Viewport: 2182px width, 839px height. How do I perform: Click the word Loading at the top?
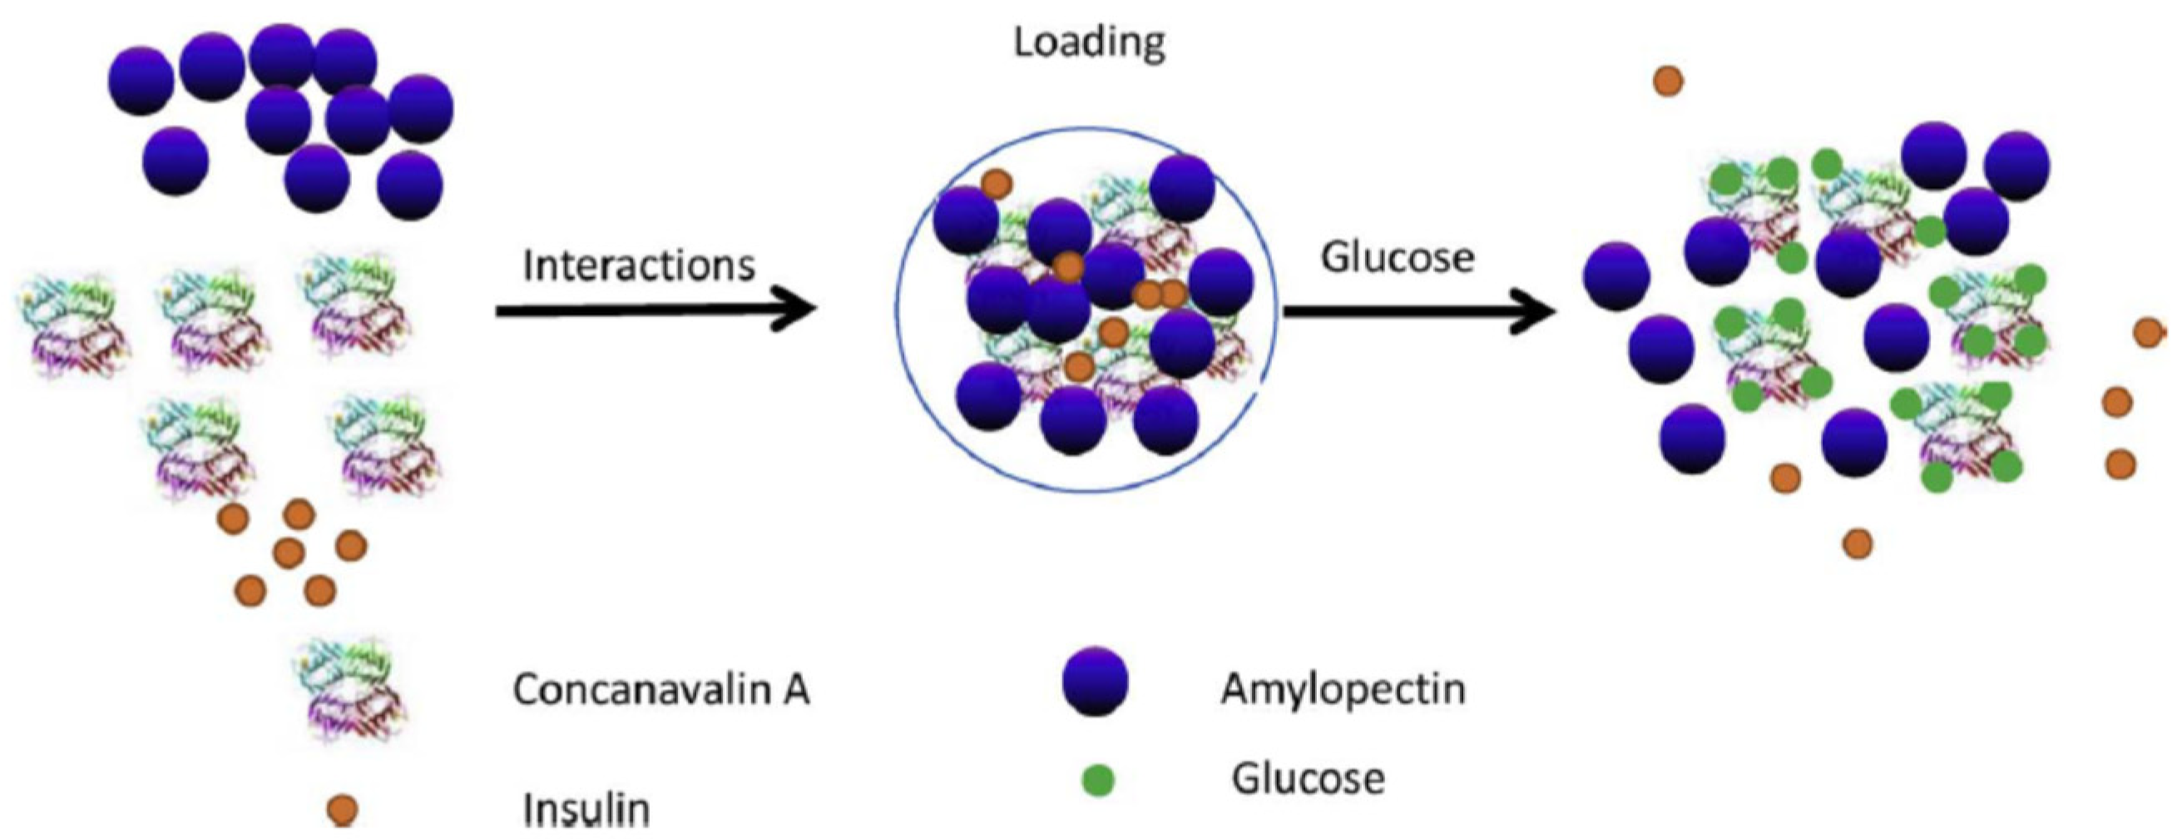[x=1089, y=42]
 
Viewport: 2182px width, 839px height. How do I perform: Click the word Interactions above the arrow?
[x=639, y=266]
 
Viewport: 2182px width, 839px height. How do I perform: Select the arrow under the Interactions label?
[x=656, y=310]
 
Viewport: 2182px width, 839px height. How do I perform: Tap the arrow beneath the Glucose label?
[x=1419, y=311]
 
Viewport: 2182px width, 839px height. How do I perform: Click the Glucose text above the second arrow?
[x=1398, y=258]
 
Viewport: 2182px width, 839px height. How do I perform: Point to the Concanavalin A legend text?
[x=661, y=690]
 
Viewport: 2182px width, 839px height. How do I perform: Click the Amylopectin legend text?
[x=1343, y=689]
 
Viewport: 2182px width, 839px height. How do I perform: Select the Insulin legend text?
[x=586, y=809]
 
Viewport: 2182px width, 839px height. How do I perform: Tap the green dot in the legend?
[x=1099, y=781]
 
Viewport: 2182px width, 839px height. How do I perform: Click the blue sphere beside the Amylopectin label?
[x=1096, y=683]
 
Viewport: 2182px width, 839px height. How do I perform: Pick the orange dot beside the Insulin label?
[x=342, y=809]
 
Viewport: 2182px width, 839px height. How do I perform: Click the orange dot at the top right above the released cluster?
[x=1669, y=82]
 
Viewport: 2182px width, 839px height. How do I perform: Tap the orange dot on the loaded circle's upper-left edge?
[x=996, y=183]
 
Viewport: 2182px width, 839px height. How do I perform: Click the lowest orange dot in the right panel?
[x=1858, y=544]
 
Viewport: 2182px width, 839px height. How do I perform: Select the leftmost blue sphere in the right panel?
[x=1616, y=276]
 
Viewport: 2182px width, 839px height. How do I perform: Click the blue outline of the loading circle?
[x=898, y=310]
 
